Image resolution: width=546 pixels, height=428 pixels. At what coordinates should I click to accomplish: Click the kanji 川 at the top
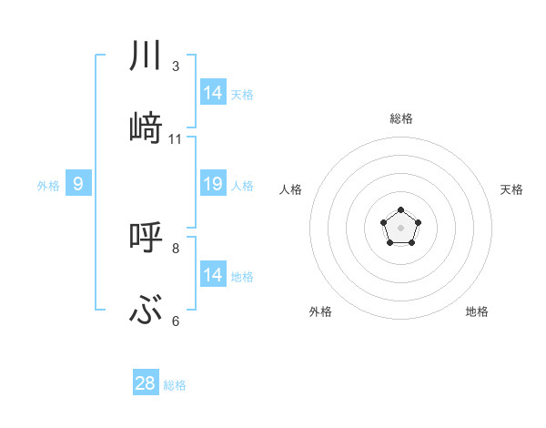[146, 56]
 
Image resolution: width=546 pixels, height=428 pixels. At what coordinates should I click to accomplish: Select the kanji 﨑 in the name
[146, 128]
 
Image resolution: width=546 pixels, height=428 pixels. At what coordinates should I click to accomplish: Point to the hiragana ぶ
[146, 311]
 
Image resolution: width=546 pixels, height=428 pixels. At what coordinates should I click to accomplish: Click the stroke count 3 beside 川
[176, 66]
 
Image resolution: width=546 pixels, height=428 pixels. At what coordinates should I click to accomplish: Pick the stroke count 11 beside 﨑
[176, 139]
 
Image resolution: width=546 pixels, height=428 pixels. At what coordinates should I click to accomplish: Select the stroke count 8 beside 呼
[176, 248]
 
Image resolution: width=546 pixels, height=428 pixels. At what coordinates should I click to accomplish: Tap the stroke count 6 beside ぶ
[176, 321]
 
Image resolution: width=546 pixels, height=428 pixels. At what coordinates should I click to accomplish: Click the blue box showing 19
[213, 184]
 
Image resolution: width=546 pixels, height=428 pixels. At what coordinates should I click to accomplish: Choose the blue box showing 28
[146, 383]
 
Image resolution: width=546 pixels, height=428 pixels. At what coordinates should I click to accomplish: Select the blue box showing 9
[78, 184]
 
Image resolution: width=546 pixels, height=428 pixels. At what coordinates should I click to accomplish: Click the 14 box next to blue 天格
[213, 93]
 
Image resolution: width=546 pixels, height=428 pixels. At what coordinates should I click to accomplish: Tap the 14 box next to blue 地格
[213, 275]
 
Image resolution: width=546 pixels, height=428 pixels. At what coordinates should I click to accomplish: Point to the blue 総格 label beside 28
[175, 385]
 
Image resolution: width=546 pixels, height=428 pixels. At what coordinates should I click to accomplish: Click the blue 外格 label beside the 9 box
[48, 186]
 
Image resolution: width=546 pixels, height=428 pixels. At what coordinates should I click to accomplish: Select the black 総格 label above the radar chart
[401, 118]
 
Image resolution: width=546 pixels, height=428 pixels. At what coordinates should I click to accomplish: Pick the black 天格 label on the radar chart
[511, 189]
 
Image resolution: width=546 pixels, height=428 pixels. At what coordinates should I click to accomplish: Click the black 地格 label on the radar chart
[477, 311]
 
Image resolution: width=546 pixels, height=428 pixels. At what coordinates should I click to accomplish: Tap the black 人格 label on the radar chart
[291, 189]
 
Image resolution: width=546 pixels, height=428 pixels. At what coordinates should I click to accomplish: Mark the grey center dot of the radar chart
[400, 227]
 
